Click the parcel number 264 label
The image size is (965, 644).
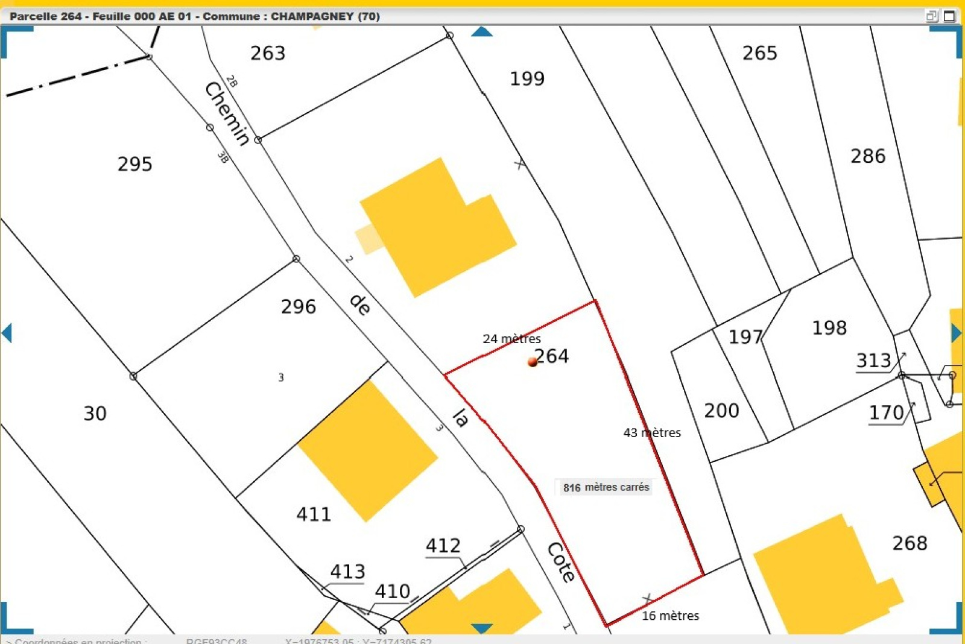pyautogui.click(x=552, y=356)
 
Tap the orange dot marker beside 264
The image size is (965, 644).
pyautogui.click(x=532, y=362)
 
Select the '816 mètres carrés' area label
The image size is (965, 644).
pyautogui.click(x=606, y=487)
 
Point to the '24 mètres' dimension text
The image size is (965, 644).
pyautogui.click(x=511, y=339)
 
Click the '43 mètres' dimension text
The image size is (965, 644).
pyautogui.click(x=652, y=432)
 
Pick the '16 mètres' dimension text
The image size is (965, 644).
pyautogui.click(x=670, y=616)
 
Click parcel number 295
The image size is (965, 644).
pyautogui.click(x=134, y=164)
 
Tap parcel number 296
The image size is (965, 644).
pyautogui.click(x=298, y=307)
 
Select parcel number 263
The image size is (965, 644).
pyautogui.click(x=268, y=54)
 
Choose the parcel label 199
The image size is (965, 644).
pyautogui.click(x=527, y=79)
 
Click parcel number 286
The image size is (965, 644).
pyautogui.click(x=868, y=157)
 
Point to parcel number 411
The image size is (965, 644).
pyautogui.click(x=314, y=514)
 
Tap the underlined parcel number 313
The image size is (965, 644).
pyautogui.click(x=873, y=361)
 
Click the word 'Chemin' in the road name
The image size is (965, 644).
pyautogui.click(x=227, y=113)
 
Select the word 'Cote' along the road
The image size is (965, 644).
pyautogui.click(x=561, y=562)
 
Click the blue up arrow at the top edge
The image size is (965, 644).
pyautogui.click(x=481, y=31)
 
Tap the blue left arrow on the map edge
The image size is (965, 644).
pyautogui.click(x=7, y=333)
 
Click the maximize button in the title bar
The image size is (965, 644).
pyautogui.click(x=949, y=16)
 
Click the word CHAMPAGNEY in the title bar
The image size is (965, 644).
pyautogui.click(x=312, y=16)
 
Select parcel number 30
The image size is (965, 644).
pyautogui.click(x=95, y=414)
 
